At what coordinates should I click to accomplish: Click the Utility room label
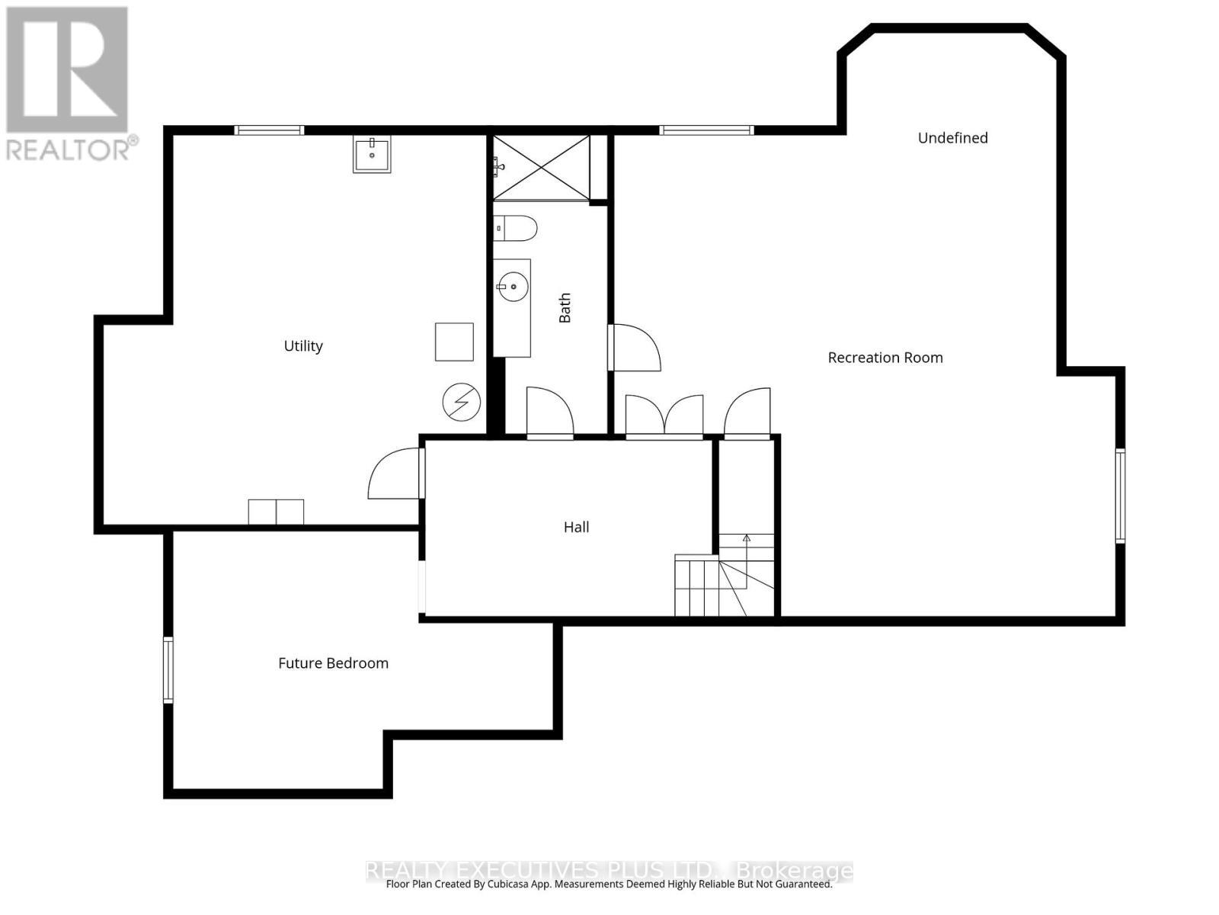coord(303,346)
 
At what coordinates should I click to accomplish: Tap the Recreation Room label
coord(885,358)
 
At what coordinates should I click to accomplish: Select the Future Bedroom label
coord(333,663)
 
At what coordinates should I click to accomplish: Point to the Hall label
coord(576,527)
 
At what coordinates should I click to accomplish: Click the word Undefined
coord(952,138)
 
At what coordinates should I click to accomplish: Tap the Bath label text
coord(565,308)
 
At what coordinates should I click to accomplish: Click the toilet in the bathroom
coord(516,228)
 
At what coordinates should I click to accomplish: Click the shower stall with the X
coord(542,168)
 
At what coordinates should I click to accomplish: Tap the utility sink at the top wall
coord(372,155)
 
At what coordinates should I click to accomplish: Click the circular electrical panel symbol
coord(462,402)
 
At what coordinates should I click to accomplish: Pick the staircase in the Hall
coord(724,579)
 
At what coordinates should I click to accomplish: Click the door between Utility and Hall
coord(396,475)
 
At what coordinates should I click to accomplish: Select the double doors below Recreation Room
coord(664,416)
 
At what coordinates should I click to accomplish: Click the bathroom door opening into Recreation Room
coord(634,348)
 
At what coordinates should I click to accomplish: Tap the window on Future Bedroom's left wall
coord(168,669)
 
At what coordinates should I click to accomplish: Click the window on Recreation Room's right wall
coord(1120,496)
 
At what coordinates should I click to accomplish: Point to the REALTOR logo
coord(69,84)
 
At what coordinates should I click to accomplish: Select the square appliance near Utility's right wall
coord(454,342)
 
